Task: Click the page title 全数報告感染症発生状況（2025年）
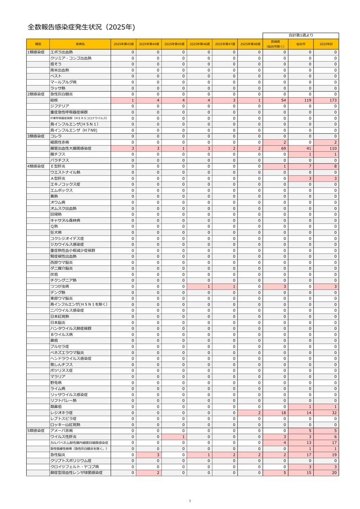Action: (81, 27)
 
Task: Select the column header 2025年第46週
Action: (199, 44)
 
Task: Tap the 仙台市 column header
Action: (301, 44)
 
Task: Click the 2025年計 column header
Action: (327, 44)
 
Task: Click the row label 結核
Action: (55, 100)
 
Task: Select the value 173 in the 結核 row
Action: (333, 100)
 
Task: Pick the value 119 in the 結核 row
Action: (308, 100)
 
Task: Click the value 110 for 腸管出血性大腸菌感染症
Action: (333, 148)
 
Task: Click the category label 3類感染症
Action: (36, 136)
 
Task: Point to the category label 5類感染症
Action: (36, 431)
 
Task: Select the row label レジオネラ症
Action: (61, 412)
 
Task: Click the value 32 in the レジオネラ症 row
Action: (334, 412)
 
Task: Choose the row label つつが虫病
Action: (60, 287)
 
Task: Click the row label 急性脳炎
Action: (58, 455)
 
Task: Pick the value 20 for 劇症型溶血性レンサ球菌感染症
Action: (334, 473)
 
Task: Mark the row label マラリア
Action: (58, 376)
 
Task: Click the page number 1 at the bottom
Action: (190, 501)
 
